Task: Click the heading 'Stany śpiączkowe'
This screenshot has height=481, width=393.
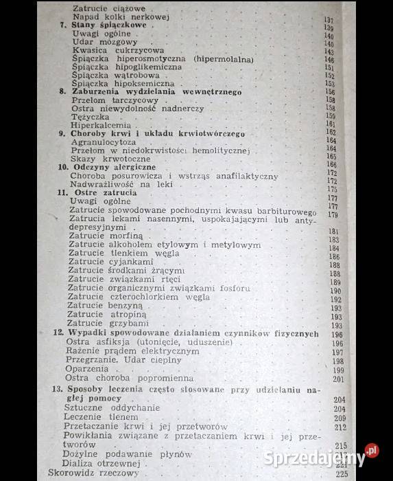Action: pyautogui.click(x=109, y=25)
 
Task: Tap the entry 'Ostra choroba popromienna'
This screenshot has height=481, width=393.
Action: pyautogui.click(x=129, y=378)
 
